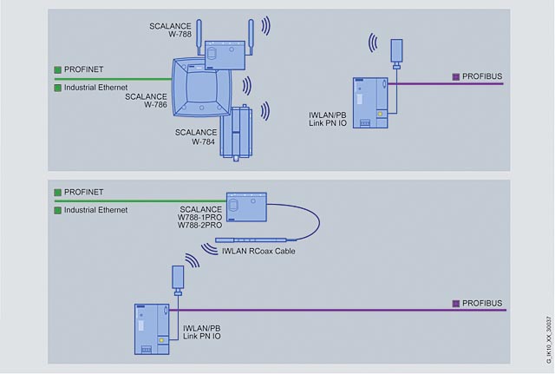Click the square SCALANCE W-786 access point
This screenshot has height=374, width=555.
pos(203,88)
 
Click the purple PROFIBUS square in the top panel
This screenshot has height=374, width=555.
pos(456,76)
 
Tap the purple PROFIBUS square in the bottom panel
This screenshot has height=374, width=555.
pos(456,303)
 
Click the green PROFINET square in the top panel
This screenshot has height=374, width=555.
pos(57,68)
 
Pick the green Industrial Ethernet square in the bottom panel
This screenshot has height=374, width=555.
pos(57,210)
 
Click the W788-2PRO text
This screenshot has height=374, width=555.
pos(200,226)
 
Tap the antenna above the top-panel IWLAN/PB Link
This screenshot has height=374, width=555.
pos(397,53)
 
